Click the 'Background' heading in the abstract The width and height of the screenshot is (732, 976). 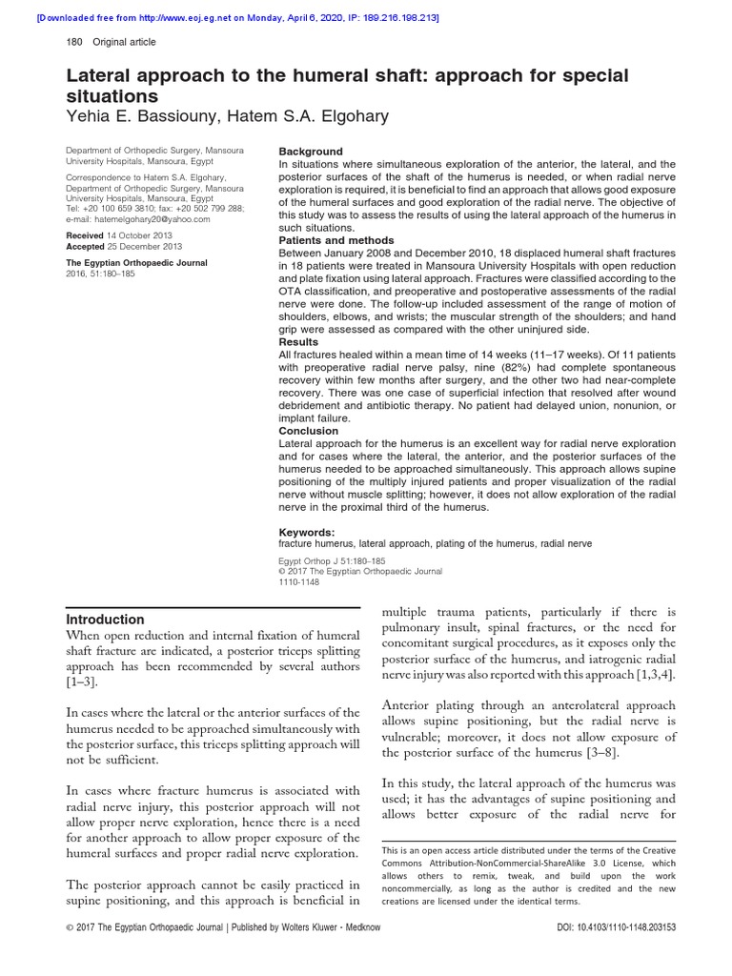tap(310, 152)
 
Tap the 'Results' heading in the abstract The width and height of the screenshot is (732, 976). tap(299, 342)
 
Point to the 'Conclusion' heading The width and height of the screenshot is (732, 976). tap(308, 431)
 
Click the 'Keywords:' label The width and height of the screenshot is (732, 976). tap(306, 532)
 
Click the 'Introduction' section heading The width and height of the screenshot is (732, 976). tap(105, 620)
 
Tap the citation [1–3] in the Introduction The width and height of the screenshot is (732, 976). tap(81, 683)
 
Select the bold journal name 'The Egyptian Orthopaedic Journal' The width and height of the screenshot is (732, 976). tap(136, 262)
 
